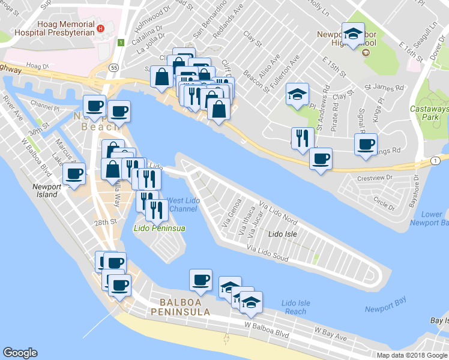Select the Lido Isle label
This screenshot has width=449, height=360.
[283, 233]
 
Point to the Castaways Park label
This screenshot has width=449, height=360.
[429, 113]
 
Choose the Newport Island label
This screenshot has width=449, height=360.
[47, 190]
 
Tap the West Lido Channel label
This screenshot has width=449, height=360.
[182, 205]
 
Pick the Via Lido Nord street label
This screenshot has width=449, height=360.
[279, 213]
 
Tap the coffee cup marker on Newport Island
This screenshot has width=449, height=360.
[74, 174]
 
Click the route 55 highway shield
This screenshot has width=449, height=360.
[114, 68]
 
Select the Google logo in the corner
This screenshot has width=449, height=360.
[20, 353]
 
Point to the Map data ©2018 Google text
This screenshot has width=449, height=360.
[412, 355]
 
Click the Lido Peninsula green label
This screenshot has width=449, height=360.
[159, 229]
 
